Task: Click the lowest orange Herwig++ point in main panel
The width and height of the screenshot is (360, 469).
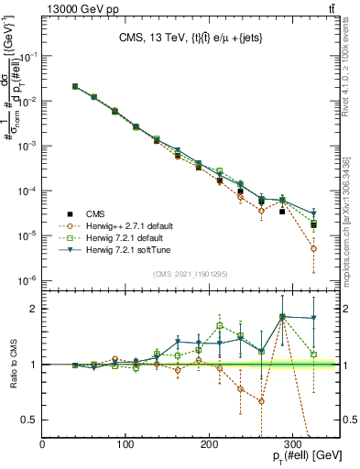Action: pyautogui.click(x=313, y=248)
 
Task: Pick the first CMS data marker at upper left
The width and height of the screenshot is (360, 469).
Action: pyautogui.click(x=75, y=87)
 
